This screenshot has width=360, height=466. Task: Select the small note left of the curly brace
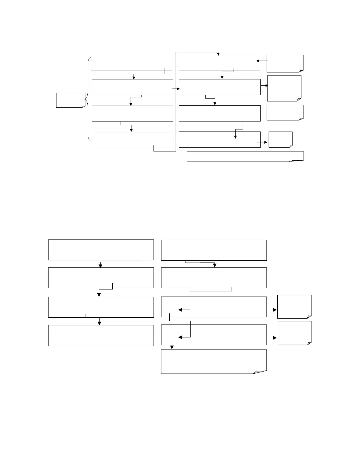pyautogui.click(x=71, y=100)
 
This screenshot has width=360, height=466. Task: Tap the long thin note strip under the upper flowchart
pyautogui.click(x=245, y=156)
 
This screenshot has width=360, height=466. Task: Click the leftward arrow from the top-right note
pyautogui.click(x=262, y=61)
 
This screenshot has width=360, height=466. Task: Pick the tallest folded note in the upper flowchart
pyautogui.click(x=284, y=88)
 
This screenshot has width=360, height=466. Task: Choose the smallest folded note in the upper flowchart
pyautogui.click(x=280, y=139)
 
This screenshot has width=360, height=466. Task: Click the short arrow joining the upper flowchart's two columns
pyautogui.click(x=176, y=89)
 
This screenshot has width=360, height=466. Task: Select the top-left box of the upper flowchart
pyautogui.click(x=131, y=62)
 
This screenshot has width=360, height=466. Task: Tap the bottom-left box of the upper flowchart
pyautogui.click(x=132, y=140)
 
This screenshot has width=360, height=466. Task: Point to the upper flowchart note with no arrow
pyautogui.click(x=285, y=113)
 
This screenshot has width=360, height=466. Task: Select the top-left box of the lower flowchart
pyautogui.click(x=101, y=250)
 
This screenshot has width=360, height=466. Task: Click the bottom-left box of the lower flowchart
pyautogui.click(x=101, y=335)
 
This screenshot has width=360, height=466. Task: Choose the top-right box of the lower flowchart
pyautogui.click(x=214, y=250)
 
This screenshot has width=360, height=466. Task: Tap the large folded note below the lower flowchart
pyautogui.click(x=214, y=361)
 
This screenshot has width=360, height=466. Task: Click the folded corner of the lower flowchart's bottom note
pyautogui.click(x=260, y=372)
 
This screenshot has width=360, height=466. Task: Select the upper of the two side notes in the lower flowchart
pyautogui.click(x=294, y=307)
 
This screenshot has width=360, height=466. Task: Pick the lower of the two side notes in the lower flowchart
pyautogui.click(x=295, y=333)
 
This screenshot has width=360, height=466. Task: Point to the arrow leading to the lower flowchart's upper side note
pyautogui.click(x=270, y=310)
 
